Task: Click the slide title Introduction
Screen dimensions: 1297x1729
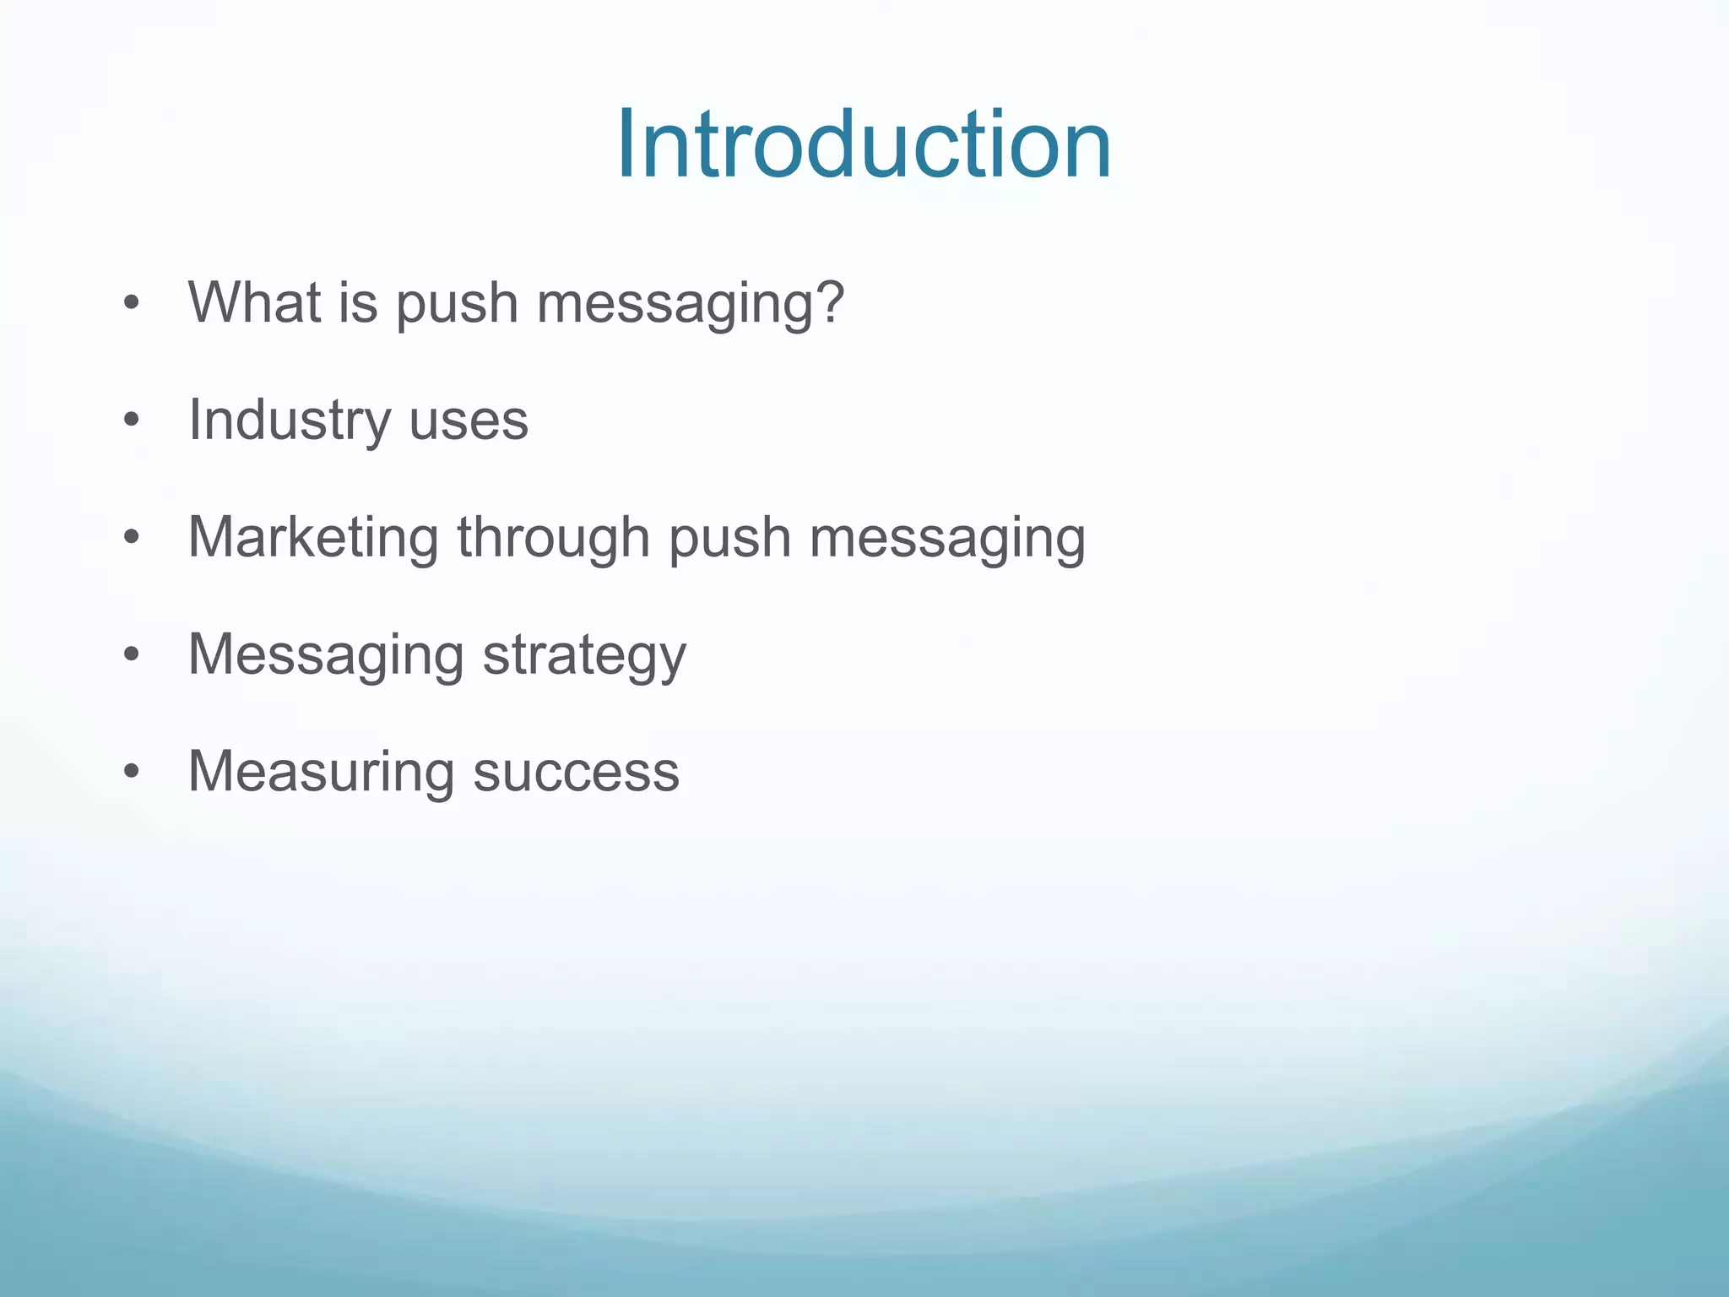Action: pyautogui.click(x=864, y=145)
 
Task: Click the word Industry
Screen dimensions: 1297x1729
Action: pyautogui.click(x=288, y=421)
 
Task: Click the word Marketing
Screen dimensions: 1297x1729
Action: pyautogui.click(x=313, y=538)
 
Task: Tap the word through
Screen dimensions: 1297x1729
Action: pyautogui.click(x=553, y=538)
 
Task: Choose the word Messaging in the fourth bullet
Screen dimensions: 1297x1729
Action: pyautogui.click(x=326, y=655)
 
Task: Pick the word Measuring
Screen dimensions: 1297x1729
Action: pyautogui.click(x=321, y=772)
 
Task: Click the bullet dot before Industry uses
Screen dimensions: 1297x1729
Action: pyautogui.click(x=130, y=420)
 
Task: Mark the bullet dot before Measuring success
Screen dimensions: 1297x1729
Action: pyautogui.click(x=130, y=771)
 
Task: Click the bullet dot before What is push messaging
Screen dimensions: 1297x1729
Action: pyautogui.click(x=130, y=302)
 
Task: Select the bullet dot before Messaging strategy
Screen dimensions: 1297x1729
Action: pyautogui.click(x=130, y=654)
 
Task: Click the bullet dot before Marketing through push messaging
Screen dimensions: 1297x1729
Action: pyautogui.click(x=130, y=537)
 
